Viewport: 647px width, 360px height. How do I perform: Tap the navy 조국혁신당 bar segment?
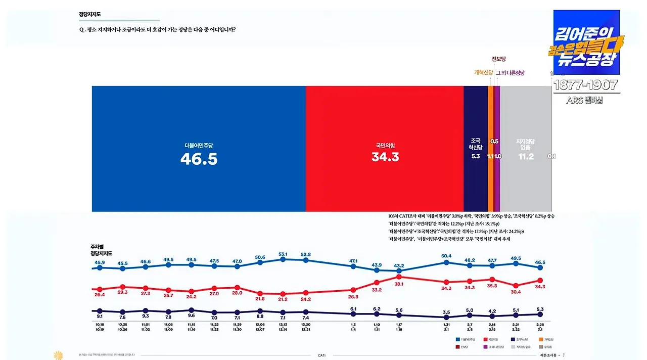[475, 116]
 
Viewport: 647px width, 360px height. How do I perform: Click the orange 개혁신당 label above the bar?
[483, 73]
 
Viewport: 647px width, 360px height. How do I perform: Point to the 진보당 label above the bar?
[498, 59]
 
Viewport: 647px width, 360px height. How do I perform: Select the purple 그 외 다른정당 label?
[510, 73]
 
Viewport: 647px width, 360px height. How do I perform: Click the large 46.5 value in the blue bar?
[199, 159]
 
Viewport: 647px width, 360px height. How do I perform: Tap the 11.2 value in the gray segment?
[525, 157]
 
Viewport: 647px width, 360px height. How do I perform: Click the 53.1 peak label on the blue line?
[283, 254]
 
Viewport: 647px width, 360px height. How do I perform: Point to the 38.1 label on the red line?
[399, 284]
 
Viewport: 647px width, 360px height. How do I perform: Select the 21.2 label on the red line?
[283, 299]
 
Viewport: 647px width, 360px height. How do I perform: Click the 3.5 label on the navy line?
[446, 312]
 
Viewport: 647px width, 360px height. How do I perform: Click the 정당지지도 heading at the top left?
[89, 15]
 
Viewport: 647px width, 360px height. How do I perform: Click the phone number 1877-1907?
[586, 85]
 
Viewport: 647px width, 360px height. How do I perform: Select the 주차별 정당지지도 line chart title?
[101, 250]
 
